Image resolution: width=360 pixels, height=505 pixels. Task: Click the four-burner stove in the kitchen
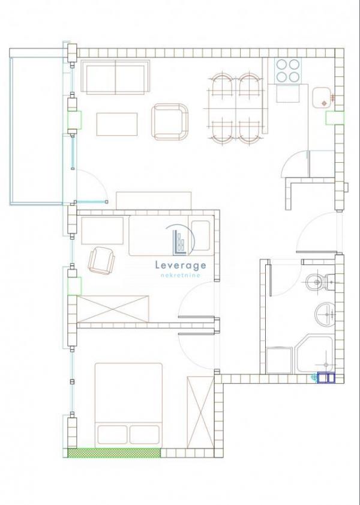(x=288, y=70)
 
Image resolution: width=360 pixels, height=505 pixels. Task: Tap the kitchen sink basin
(x=322, y=98)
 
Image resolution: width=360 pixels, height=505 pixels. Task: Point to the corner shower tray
(x=314, y=355)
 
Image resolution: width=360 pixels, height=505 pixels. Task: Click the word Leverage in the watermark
(x=181, y=265)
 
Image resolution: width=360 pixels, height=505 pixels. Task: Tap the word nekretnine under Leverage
(x=180, y=276)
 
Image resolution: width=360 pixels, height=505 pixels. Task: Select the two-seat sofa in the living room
(x=115, y=77)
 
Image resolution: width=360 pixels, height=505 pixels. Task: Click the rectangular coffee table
(x=117, y=124)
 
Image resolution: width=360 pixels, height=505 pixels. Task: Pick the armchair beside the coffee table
(x=170, y=122)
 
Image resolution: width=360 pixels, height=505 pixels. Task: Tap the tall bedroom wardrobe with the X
(x=200, y=412)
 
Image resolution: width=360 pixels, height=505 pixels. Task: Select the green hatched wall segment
(x=114, y=453)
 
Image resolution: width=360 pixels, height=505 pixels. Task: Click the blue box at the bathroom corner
(x=326, y=378)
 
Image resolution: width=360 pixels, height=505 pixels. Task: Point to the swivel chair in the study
(x=101, y=261)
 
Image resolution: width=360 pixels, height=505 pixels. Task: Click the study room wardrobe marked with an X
(x=113, y=309)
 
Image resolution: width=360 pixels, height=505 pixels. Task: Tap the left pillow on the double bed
(x=112, y=435)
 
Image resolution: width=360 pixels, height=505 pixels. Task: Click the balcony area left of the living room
(x=36, y=130)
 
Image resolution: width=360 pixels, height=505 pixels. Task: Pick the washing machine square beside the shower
(x=279, y=360)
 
